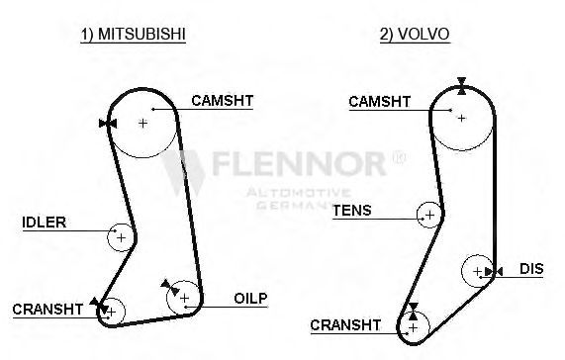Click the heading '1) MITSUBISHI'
pyautogui.click(x=133, y=35)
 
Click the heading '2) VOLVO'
pyautogui.click(x=415, y=35)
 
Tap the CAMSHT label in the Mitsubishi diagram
pyautogui.click(x=223, y=101)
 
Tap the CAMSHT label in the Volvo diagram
pyautogui.click(x=379, y=102)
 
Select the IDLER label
pyautogui.click(x=45, y=223)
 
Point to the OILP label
pyautogui.click(x=250, y=298)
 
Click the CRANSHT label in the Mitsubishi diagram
pyautogui.click(x=47, y=310)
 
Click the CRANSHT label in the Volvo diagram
pyautogui.click(x=345, y=325)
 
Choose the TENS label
pyautogui.click(x=352, y=211)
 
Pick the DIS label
pyautogui.click(x=531, y=269)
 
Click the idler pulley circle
pyautogui.click(x=108, y=237)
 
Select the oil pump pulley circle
pyautogui.click(x=167, y=298)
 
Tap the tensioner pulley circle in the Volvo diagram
pyautogui.click(x=418, y=215)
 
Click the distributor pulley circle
pyautogui.click(x=462, y=271)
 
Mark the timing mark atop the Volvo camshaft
pyautogui.click(x=461, y=86)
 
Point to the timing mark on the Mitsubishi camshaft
pyautogui.click(x=108, y=124)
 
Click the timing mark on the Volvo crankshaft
pyautogui.click(x=414, y=312)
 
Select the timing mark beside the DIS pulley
pyautogui.click(x=494, y=271)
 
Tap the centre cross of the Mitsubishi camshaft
pyautogui.click(x=143, y=123)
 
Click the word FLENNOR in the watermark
pyautogui.click(x=299, y=164)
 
